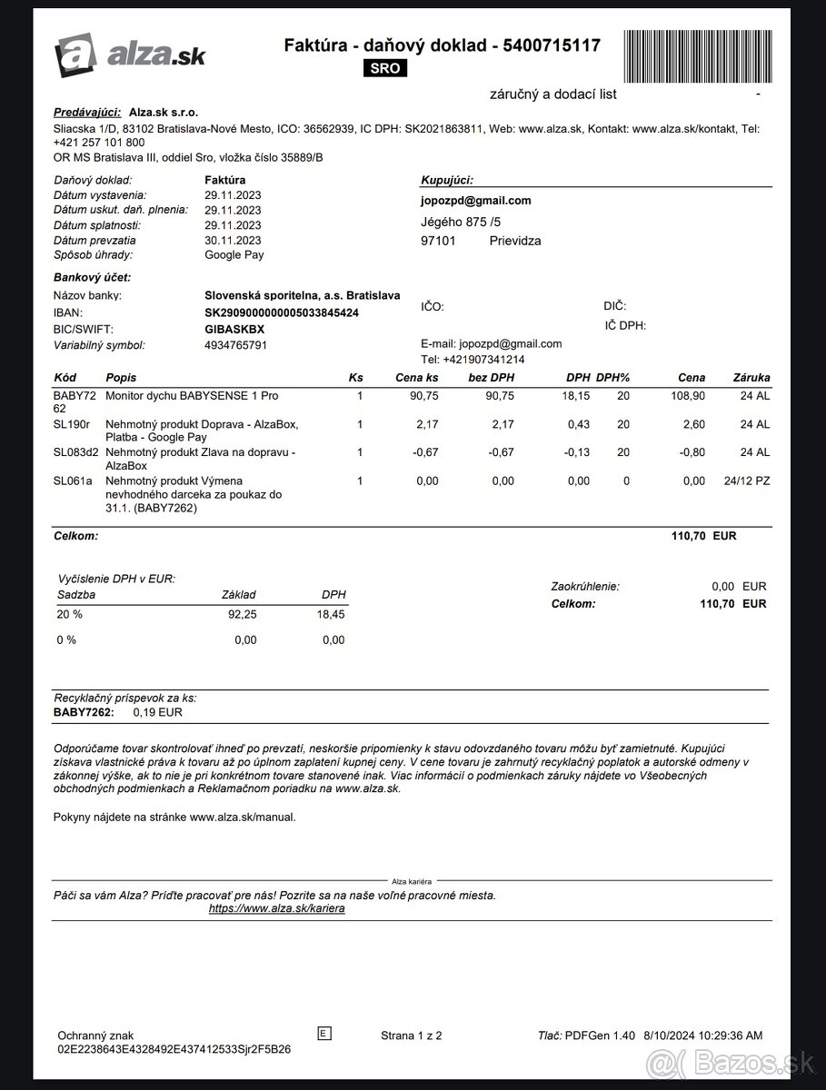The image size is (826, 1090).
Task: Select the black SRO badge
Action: point(385,69)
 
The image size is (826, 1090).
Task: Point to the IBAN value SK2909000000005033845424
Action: point(282,312)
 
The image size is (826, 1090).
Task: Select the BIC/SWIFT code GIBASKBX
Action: point(234,329)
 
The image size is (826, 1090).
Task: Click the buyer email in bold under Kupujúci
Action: point(476,201)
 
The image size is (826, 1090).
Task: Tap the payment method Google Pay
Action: point(234,255)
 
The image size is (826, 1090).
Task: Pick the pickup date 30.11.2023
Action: point(233,241)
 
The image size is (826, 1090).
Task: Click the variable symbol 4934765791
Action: point(236,345)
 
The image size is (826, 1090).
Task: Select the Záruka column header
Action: point(751,377)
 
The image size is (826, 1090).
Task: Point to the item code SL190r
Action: point(73,424)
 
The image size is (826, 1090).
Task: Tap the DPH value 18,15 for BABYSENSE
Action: point(576,396)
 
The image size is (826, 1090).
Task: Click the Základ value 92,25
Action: point(242,615)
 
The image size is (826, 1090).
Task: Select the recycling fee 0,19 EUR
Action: point(157,712)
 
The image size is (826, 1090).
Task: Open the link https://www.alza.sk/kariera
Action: point(276,908)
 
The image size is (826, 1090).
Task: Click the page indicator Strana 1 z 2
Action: point(412,1035)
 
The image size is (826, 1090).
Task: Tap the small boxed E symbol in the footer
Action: point(324,1033)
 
